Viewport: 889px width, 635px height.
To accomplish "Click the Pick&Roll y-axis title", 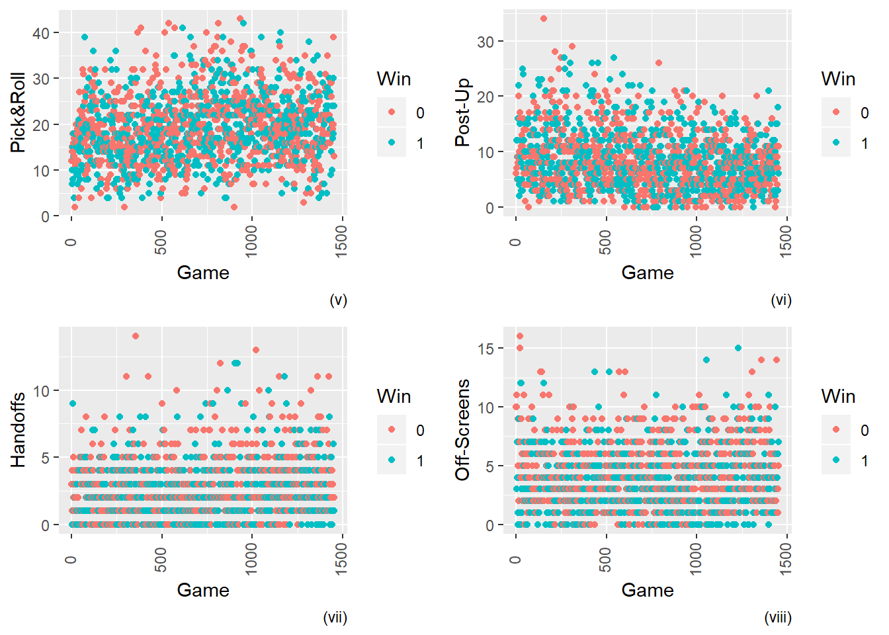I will click(x=18, y=112).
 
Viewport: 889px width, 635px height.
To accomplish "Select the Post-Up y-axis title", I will click(x=462, y=112).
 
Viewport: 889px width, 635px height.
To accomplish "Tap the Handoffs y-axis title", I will click(x=18, y=430).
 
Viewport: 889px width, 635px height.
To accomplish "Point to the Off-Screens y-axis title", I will click(x=462, y=430).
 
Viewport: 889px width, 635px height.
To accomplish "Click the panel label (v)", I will click(x=338, y=300).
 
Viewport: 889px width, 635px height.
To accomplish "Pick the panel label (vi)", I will click(x=781, y=300).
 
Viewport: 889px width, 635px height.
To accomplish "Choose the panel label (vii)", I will click(x=335, y=617).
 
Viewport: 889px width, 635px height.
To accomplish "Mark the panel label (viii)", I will click(x=778, y=617).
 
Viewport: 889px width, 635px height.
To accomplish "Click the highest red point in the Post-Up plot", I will click(x=544, y=19).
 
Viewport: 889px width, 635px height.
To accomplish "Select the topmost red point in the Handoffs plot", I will click(x=136, y=336).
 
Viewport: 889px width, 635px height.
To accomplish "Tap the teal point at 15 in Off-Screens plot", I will click(x=738, y=348).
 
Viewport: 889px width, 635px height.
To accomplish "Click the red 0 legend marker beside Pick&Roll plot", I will click(x=392, y=112).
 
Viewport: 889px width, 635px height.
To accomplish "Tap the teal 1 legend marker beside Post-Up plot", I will click(x=836, y=143).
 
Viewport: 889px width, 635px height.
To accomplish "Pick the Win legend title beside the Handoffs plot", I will click(x=394, y=396).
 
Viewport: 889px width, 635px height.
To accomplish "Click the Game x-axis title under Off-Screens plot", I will click(x=647, y=590).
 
